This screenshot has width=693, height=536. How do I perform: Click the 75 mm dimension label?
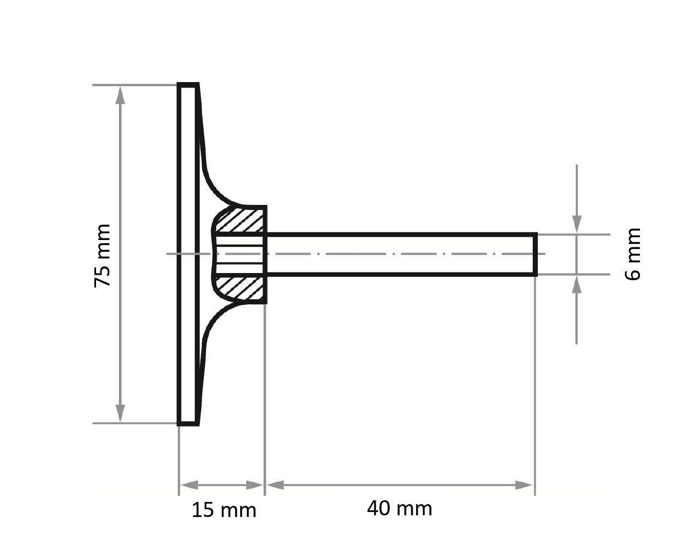pyautogui.click(x=102, y=255)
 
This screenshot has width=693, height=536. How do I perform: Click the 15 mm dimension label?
pyautogui.click(x=224, y=510)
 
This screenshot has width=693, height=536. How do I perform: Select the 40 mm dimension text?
pyautogui.click(x=399, y=508)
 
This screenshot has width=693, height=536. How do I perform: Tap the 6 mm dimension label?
pyautogui.click(x=632, y=254)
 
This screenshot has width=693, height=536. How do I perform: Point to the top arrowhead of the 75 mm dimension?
pyautogui.click(x=120, y=95)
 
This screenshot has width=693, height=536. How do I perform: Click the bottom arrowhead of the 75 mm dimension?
pyautogui.click(x=120, y=413)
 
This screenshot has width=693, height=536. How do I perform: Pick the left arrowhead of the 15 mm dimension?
pyautogui.click(x=189, y=485)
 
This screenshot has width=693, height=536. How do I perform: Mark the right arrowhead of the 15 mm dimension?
pyautogui.click(x=255, y=485)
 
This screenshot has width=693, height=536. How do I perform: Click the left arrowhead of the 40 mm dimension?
pyautogui.click(x=275, y=485)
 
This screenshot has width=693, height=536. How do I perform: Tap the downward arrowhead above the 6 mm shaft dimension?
pyautogui.click(x=576, y=224)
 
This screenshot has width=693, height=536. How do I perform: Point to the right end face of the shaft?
pyautogui.click(x=536, y=254)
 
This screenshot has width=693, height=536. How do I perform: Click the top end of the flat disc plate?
pyautogui.click(x=188, y=85)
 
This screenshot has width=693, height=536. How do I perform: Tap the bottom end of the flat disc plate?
pyautogui.click(x=188, y=424)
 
